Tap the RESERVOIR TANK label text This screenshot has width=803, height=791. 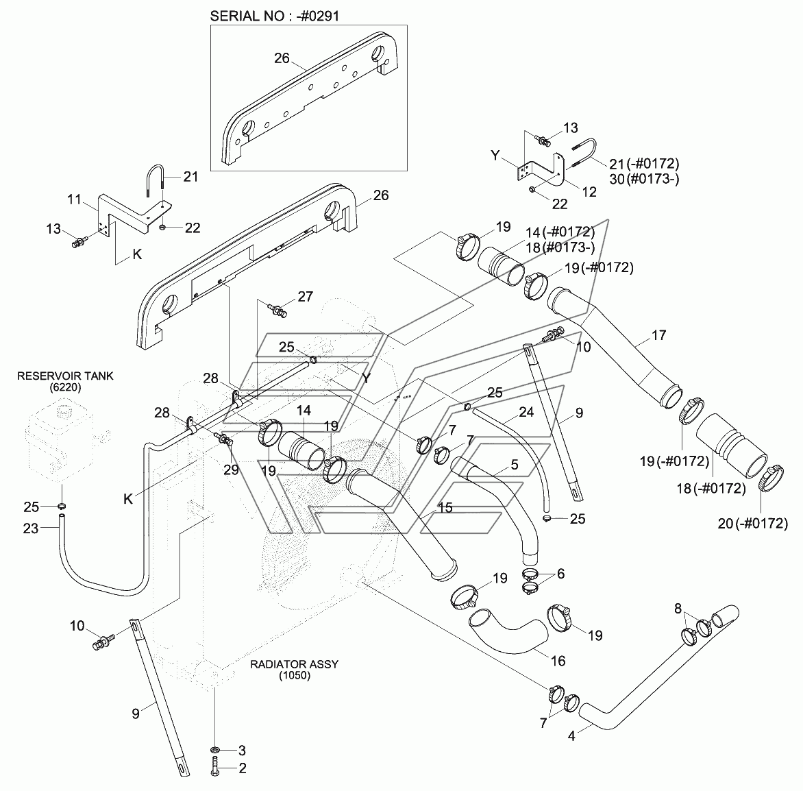point(66,376)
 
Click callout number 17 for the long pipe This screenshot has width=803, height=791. point(658,335)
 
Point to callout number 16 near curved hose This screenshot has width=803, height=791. point(558,661)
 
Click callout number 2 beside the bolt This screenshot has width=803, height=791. point(241,769)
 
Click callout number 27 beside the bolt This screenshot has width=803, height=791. point(305,296)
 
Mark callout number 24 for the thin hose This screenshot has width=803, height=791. point(526,413)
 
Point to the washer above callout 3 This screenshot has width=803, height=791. point(216,749)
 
